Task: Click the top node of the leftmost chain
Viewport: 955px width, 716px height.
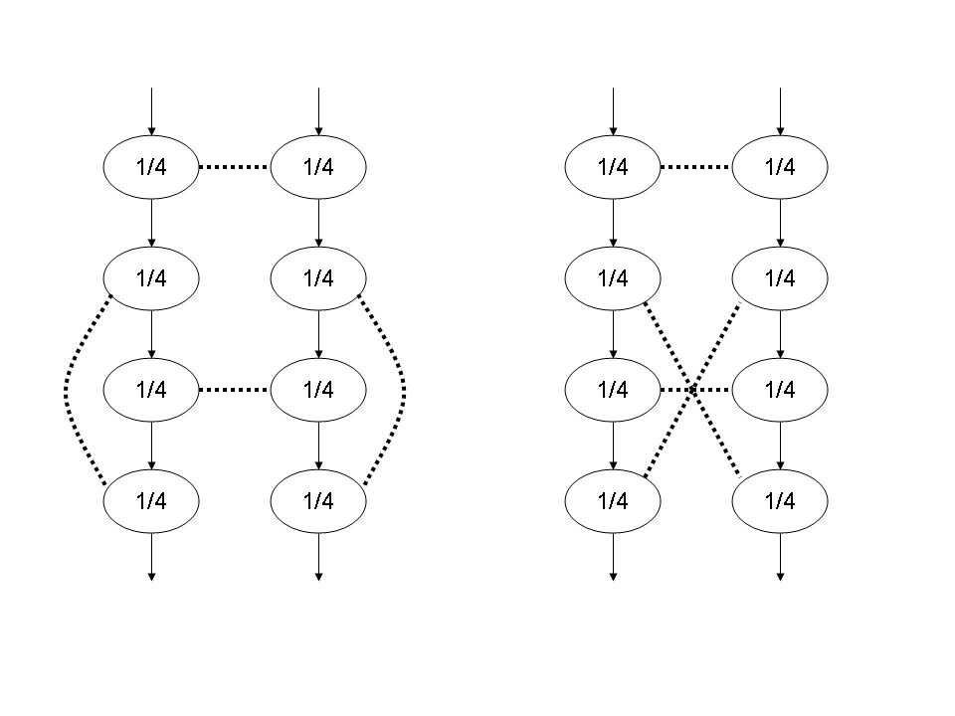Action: click(151, 166)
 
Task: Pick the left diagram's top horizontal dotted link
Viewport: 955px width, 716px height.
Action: click(235, 167)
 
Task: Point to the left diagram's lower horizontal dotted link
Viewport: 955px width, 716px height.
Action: click(235, 390)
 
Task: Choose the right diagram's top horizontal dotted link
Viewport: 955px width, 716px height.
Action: click(696, 167)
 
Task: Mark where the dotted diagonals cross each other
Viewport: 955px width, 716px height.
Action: click(693, 390)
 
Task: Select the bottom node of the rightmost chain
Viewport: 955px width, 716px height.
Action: click(780, 500)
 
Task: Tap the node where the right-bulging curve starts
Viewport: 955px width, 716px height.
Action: click(318, 277)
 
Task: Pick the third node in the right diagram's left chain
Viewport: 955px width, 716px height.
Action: click(613, 389)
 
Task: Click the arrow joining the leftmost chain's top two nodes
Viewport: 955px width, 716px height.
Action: click(151, 221)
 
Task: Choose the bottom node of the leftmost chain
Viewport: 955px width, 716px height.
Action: click(151, 500)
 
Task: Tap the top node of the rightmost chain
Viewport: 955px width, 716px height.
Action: click(780, 166)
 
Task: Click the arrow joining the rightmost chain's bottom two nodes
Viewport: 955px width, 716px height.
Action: click(780, 445)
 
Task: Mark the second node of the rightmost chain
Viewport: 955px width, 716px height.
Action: click(780, 277)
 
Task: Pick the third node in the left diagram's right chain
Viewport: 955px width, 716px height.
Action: click(318, 389)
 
